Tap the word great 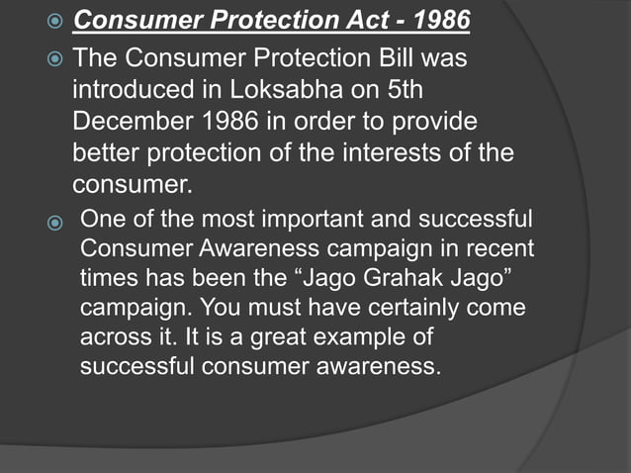(270, 338)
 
